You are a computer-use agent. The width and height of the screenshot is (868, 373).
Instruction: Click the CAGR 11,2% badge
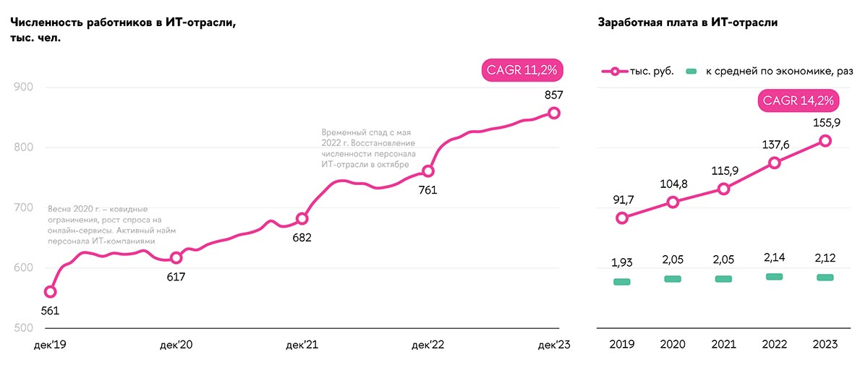(522, 71)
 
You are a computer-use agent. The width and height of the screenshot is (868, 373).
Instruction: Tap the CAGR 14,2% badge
(794, 100)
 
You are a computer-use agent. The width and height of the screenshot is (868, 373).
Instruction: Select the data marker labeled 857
(554, 113)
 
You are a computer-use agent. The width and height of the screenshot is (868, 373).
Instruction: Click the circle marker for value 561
(50, 292)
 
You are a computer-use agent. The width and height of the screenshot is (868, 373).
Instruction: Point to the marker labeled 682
(302, 218)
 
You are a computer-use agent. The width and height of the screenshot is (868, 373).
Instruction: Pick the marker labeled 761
(428, 171)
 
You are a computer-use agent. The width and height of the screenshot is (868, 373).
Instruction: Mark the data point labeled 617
(176, 258)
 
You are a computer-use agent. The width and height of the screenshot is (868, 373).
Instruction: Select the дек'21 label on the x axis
(302, 346)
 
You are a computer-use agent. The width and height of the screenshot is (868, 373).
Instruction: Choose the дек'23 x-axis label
(554, 346)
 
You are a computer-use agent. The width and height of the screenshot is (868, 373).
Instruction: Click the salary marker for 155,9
(825, 141)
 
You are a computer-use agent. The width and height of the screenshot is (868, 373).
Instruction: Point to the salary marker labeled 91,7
(622, 218)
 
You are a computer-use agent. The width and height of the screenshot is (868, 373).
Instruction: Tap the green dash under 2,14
(775, 277)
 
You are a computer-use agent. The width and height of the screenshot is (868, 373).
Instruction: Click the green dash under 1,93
(622, 282)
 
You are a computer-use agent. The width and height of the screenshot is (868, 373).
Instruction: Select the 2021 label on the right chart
(723, 346)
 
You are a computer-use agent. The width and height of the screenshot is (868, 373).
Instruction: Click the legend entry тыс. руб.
(640, 71)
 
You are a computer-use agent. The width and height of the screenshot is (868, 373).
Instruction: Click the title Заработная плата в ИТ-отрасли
(687, 22)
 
